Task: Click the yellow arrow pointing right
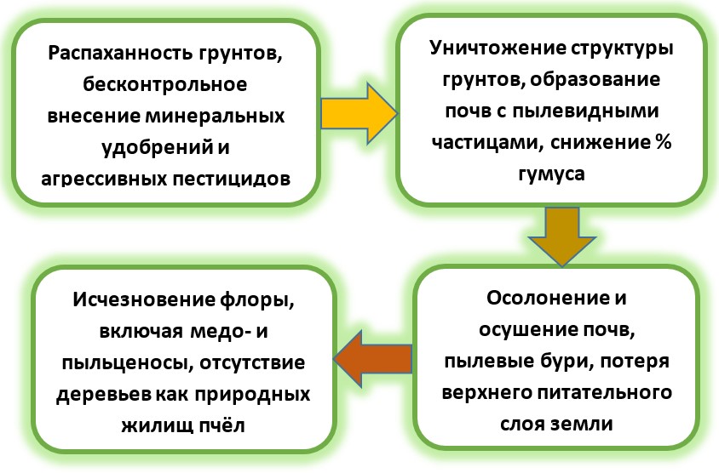pyautogui.click(x=359, y=113)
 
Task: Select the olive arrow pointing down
pyautogui.click(x=562, y=236)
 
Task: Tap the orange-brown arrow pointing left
pyautogui.click(x=372, y=358)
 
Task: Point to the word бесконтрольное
pyautogui.click(x=165, y=84)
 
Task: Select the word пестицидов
pyautogui.click(x=231, y=178)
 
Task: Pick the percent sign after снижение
pyautogui.click(x=662, y=142)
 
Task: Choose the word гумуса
pyautogui.click(x=552, y=174)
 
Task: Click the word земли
pyautogui.click(x=585, y=424)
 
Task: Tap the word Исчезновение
pyautogui.click(x=143, y=299)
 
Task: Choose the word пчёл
pyautogui.click(x=222, y=426)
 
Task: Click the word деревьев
pyautogui.click(x=104, y=394)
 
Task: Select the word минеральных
pyautogui.click(x=215, y=116)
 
